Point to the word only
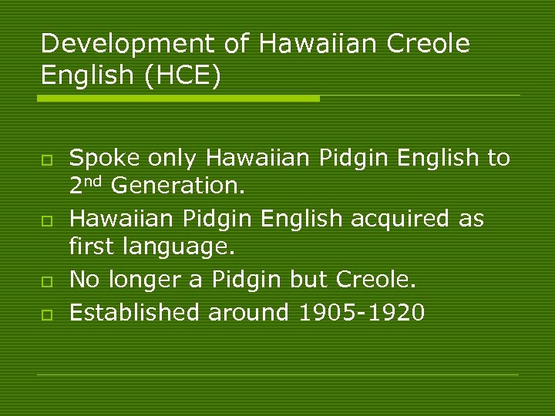tap(171, 159)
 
